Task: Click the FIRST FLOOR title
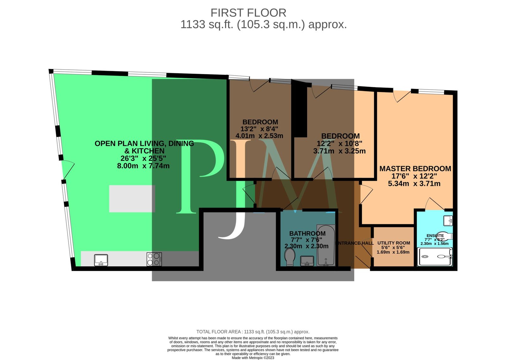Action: [x=248, y=13]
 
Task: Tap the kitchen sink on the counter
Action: [x=101, y=260]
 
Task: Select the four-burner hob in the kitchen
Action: [x=154, y=259]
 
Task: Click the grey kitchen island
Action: [x=132, y=198]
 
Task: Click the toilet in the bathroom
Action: [x=290, y=256]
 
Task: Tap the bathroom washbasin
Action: [x=307, y=261]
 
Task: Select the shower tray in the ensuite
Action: [x=435, y=257]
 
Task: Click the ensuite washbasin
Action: [x=448, y=220]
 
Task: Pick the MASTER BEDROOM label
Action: [x=415, y=169]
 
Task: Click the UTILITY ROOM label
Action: [x=393, y=243]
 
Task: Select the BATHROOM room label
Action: [x=307, y=234]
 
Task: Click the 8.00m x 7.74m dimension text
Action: [x=143, y=166]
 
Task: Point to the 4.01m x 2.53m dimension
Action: [x=259, y=136]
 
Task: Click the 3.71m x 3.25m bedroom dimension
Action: [x=339, y=151]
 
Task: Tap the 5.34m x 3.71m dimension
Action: [x=414, y=184]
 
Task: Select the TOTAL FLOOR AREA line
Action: [x=253, y=332]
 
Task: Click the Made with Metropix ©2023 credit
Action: [x=253, y=358]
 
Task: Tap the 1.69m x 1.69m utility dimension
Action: [x=393, y=252]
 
